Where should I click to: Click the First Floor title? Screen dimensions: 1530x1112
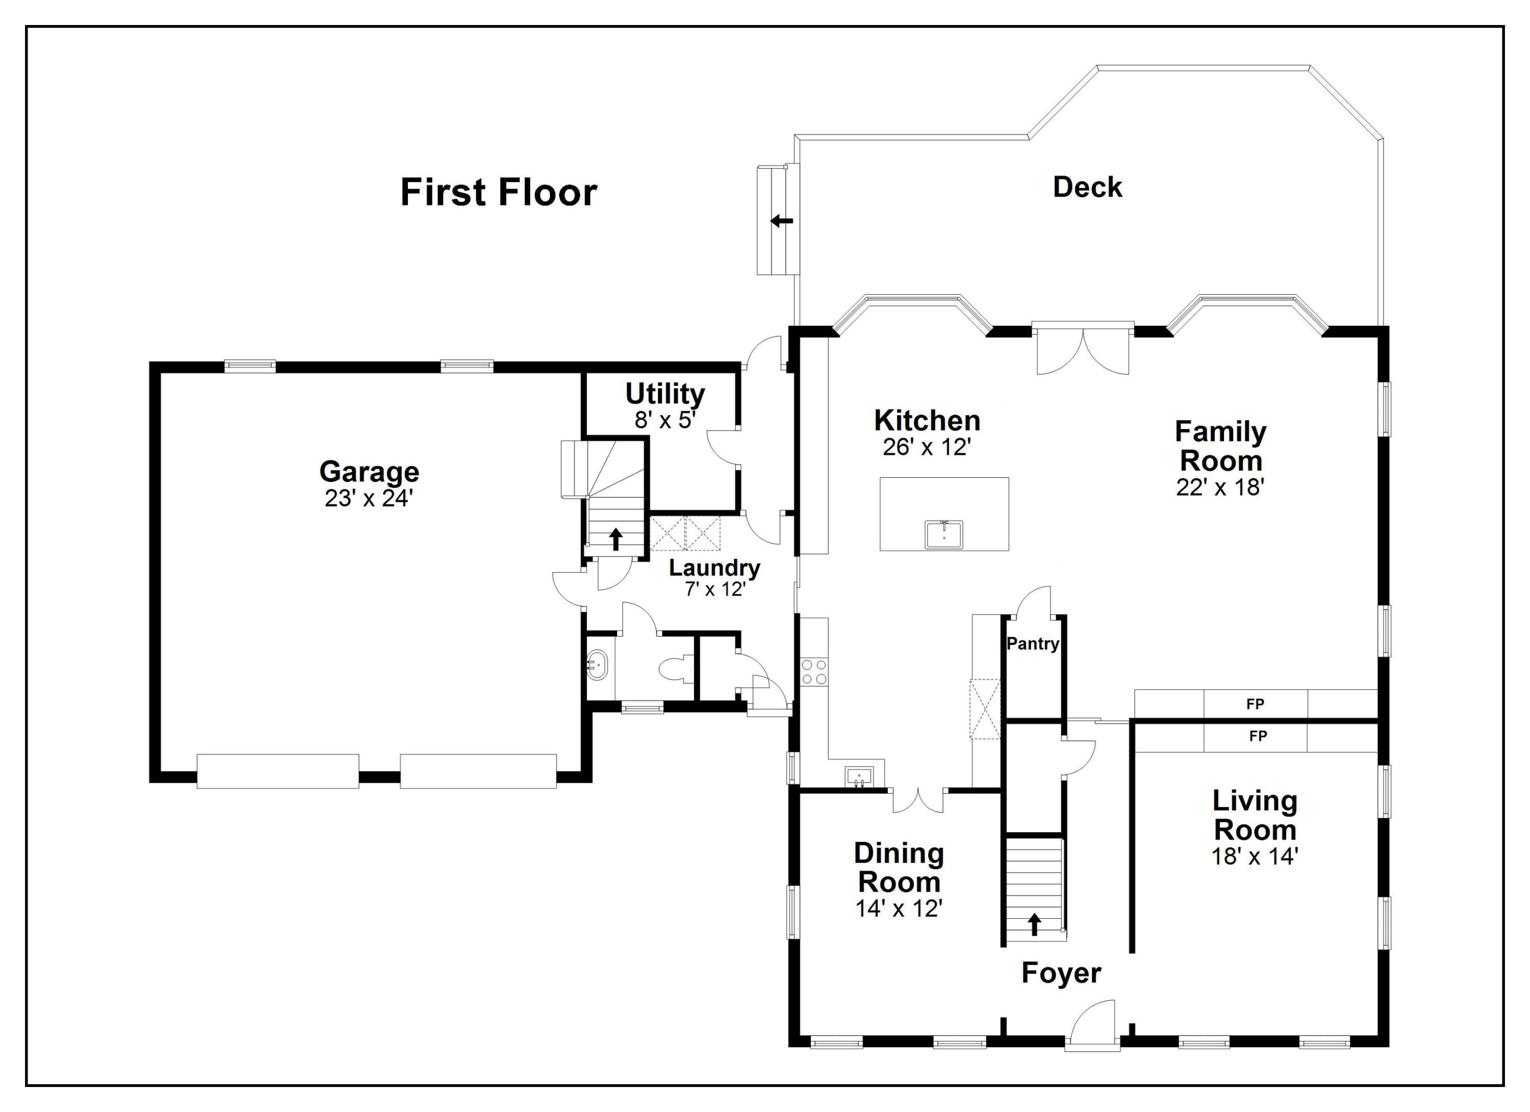(x=499, y=192)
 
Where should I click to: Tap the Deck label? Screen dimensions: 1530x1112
(x=1087, y=187)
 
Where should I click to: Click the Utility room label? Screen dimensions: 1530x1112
(x=665, y=393)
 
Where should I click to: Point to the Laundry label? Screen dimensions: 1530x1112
(x=715, y=568)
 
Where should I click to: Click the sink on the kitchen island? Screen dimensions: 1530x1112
(x=944, y=535)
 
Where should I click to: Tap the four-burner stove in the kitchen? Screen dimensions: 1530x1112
(x=813, y=671)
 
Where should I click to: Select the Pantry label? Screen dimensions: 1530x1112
(x=1033, y=643)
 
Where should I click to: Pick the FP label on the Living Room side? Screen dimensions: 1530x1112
(x=1258, y=736)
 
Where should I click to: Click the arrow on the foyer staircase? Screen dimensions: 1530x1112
(x=1034, y=924)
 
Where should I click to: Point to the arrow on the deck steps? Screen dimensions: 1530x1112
(x=782, y=220)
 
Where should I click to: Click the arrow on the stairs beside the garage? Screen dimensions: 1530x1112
(x=615, y=539)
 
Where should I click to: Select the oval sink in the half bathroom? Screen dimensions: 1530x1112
(x=598, y=665)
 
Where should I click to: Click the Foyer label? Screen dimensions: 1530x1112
(x=1061, y=973)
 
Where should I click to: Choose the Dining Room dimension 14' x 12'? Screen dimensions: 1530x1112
(x=899, y=909)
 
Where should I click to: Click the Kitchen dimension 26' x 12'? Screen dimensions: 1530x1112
(x=927, y=447)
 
